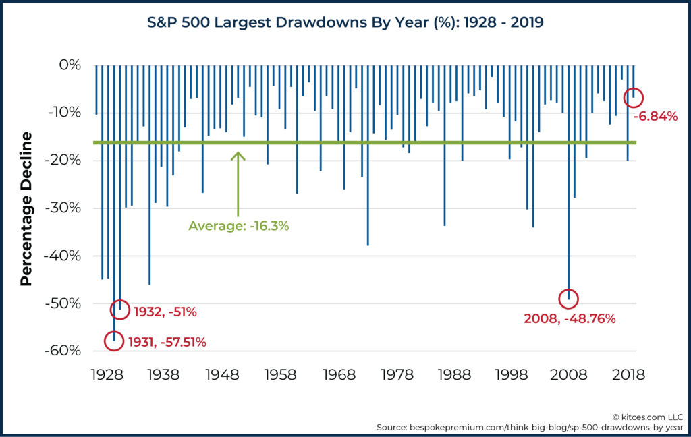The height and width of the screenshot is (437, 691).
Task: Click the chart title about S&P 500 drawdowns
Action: pyautogui.click(x=345, y=23)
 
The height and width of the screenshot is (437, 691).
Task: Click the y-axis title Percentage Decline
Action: pyautogui.click(x=26, y=209)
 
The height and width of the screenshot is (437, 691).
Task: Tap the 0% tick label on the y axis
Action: pyautogui.click(x=69, y=65)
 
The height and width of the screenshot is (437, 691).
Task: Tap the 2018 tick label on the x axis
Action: pyautogui.click(x=630, y=373)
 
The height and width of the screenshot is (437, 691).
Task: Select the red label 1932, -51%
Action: pyautogui.click(x=165, y=312)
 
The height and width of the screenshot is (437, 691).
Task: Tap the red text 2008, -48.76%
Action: pyautogui.click(x=570, y=318)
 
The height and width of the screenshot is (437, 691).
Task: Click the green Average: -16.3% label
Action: pyautogui.click(x=239, y=226)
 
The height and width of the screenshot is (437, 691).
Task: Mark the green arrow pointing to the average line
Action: pyautogui.click(x=238, y=182)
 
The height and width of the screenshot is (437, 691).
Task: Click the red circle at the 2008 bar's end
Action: pyautogui.click(x=568, y=298)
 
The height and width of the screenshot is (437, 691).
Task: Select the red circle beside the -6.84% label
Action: pyautogui.click(x=633, y=97)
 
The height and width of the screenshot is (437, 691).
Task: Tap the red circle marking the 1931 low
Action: pyautogui.click(x=114, y=341)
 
